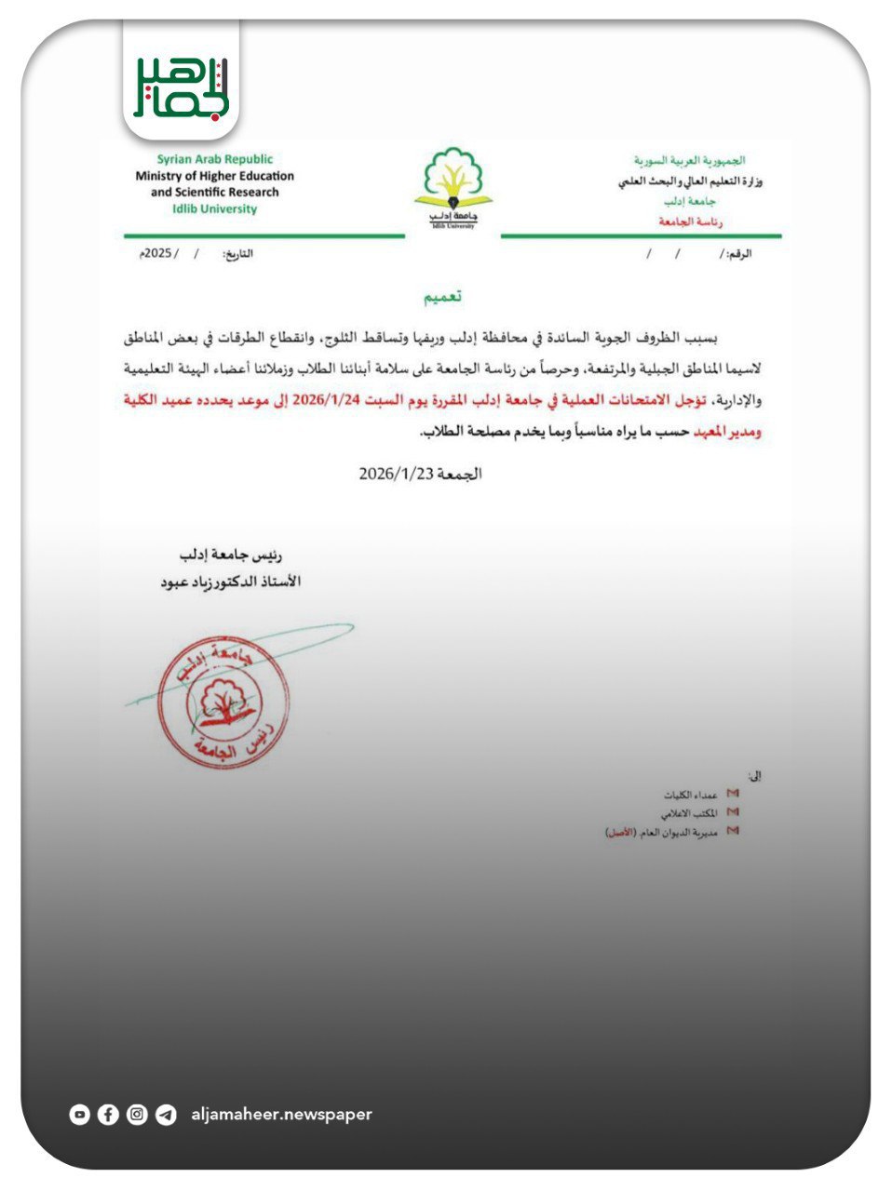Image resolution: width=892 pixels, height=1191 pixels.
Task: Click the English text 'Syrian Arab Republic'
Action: point(215,159)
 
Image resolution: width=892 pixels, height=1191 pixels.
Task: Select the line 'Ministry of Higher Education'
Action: point(215,176)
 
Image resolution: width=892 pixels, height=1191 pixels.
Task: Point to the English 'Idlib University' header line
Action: point(215,209)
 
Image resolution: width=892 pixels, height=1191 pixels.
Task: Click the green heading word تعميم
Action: point(444,297)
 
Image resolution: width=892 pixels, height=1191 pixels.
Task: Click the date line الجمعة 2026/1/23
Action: point(420,474)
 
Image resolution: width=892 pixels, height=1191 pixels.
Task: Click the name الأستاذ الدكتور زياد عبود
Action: point(231,582)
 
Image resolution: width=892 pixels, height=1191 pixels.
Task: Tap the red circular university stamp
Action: point(223,703)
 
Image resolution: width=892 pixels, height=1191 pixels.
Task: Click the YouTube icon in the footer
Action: point(80,1114)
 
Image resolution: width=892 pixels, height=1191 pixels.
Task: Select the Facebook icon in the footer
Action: point(108,1114)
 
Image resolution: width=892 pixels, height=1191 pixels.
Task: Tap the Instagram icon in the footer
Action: point(137,1114)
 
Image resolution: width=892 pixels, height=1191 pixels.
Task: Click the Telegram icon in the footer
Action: point(166,1114)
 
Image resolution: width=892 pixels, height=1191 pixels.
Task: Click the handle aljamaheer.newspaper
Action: point(281,1114)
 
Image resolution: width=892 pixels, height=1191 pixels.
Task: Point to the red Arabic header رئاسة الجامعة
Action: point(691,222)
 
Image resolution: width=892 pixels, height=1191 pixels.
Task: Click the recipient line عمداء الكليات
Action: point(690,795)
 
